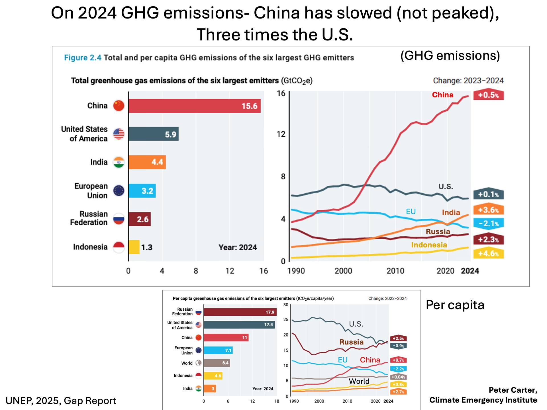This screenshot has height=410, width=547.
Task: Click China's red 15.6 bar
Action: coord(194,106)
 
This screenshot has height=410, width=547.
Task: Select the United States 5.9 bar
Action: coord(153,134)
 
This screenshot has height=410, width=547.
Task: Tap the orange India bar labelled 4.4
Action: coord(147,162)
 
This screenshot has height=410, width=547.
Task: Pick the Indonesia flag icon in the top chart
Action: coord(119,247)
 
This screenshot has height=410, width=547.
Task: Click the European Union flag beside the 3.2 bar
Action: coord(119,191)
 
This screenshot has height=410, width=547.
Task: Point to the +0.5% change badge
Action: coord(488,95)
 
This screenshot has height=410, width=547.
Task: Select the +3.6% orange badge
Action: coord(488,210)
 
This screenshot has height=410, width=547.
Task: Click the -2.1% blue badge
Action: coord(488,224)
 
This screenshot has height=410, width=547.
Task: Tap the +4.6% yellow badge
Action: coord(488,253)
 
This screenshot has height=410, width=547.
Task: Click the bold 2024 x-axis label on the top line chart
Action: coord(470,271)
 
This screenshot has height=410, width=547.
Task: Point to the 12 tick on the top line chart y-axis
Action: coord(281,134)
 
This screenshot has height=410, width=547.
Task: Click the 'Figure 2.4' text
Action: coord(83,58)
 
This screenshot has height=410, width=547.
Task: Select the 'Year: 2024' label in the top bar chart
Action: coord(238,247)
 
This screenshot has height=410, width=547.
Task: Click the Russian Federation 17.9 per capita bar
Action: coord(240,312)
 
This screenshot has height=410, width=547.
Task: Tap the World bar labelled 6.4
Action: coord(217,363)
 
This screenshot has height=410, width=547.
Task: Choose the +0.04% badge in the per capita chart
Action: coord(398,377)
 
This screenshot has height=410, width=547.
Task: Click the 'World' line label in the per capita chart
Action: coord(359,381)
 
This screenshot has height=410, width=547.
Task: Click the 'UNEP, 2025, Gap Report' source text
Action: coord(61,401)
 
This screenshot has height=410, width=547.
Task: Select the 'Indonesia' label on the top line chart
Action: coord(429,245)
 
